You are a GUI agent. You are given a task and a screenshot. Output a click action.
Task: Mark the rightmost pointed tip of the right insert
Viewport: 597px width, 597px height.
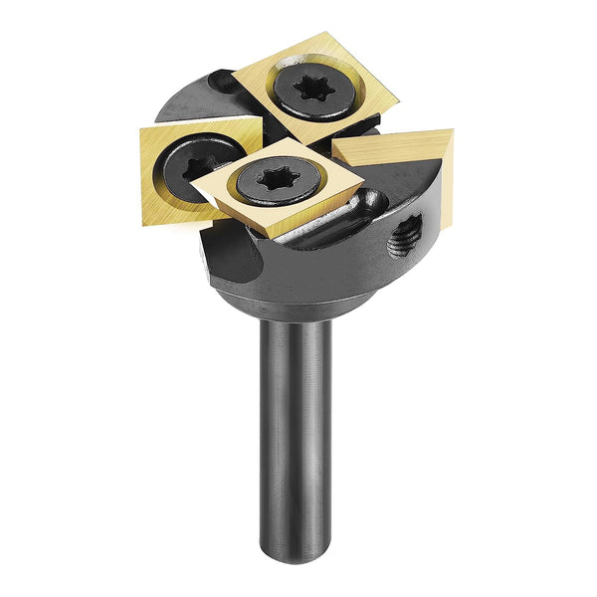click(453, 131)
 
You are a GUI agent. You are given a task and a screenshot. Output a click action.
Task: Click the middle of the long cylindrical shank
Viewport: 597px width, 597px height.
click(297, 428)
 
